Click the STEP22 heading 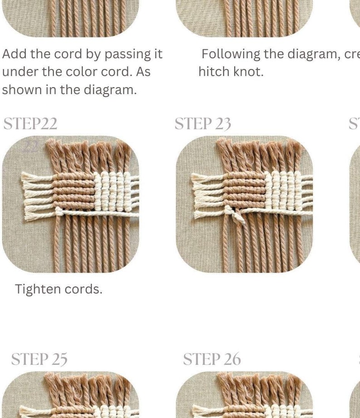[x=30, y=124]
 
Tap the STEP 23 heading [x=203, y=124]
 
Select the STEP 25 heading [x=39, y=359]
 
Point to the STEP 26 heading [x=212, y=359]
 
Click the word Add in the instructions [x=14, y=54]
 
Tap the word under [x=20, y=72]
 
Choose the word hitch [x=215, y=72]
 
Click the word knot [x=249, y=72]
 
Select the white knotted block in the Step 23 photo [x=283, y=190]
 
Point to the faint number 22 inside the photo [x=31, y=146]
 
